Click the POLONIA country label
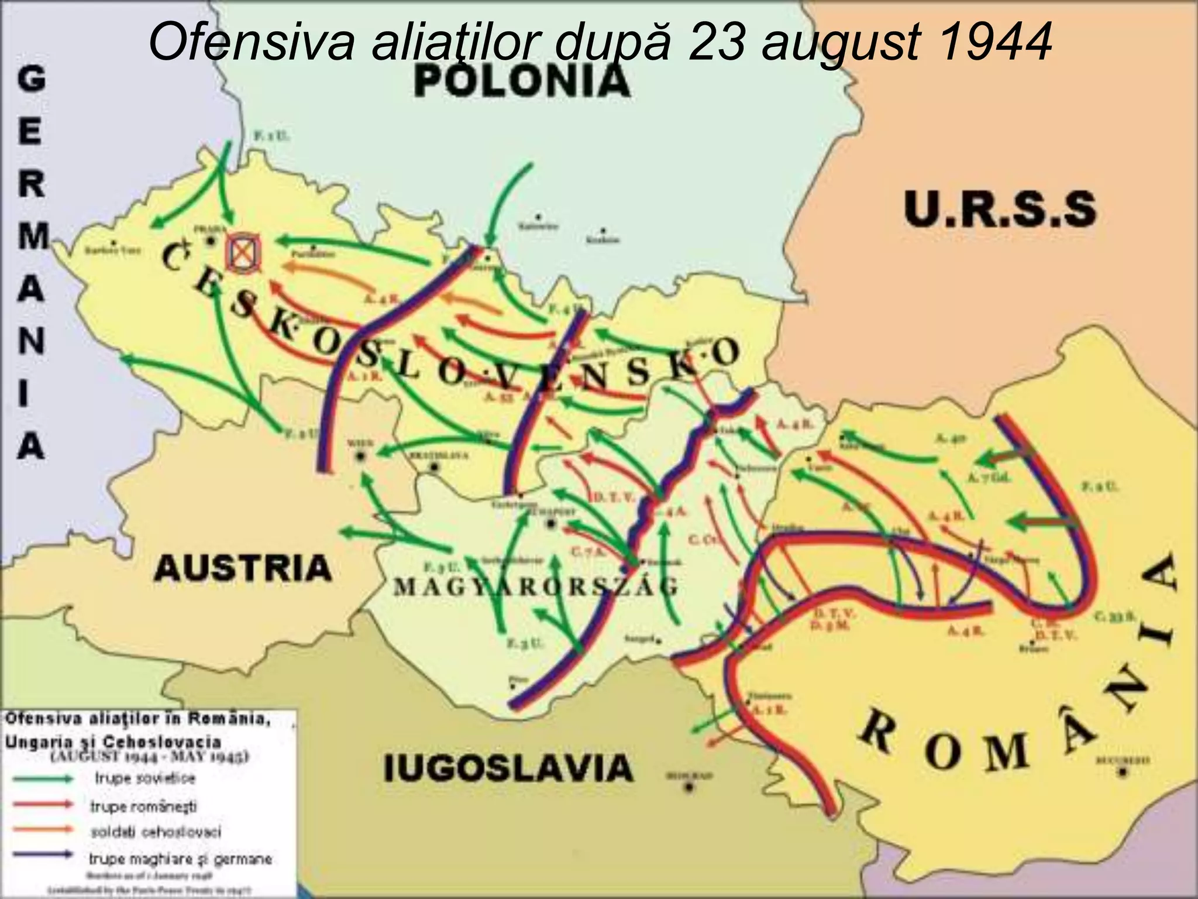coord(522,82)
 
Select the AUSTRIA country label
coord(243,568)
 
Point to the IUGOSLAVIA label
coord(508,768)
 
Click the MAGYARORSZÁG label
coord(536,586)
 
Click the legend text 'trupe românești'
coord(143,806)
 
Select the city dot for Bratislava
coord(434,467)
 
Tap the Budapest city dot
coord(550,523)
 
